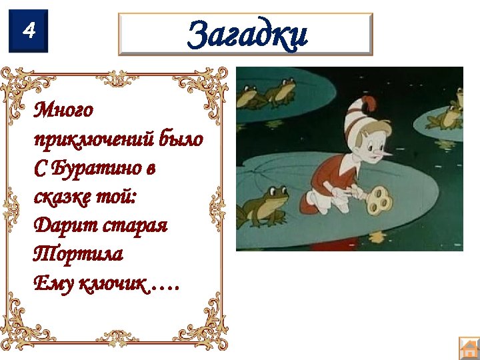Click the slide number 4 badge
pyautogui.click(x=29, y=31)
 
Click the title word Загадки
pyautogui.click(x=247, y=34)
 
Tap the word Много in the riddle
pyautogui.click(x=64, y=109)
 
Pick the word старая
pyautogui.click(x=135, y=226)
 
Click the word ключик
pyautogui.click(x=109, y=284)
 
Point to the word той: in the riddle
pyautogui.click(x=122, y=198)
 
